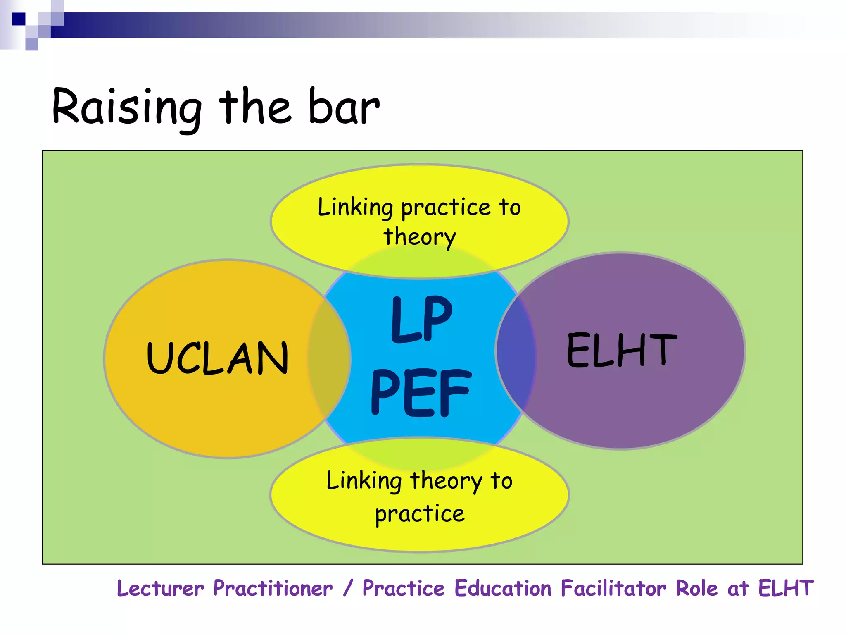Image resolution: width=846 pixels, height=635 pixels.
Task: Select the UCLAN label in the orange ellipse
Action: point(217,358)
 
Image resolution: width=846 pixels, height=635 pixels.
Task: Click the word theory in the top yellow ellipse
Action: point(420,237)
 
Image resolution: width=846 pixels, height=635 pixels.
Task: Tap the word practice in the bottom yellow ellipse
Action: point(420,513)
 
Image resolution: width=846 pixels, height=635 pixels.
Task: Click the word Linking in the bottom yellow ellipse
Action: point(364,481)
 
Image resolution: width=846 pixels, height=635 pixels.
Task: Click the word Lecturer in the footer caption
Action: point(160,588)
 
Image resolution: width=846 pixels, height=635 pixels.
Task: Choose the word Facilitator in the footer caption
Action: point(613,588)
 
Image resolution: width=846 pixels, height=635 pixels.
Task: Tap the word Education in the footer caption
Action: point(503,588)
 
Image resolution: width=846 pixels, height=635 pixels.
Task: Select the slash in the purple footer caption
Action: point(348,588)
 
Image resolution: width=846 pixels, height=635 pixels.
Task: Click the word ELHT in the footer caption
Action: point(786,588)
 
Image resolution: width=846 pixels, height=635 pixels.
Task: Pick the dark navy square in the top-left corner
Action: point(19,19)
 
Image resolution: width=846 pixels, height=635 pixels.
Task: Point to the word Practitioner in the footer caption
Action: point(273,588)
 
